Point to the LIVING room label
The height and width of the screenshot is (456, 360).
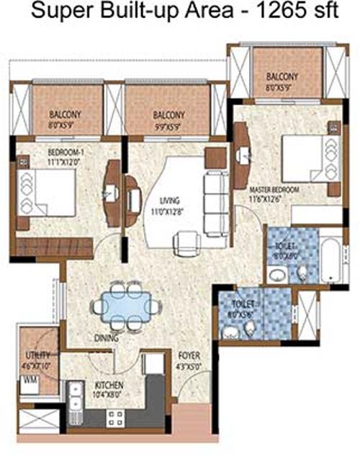pyautogui.click(x=170, y=201)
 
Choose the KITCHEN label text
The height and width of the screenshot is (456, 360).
pyautogui.click(x=101, y=386)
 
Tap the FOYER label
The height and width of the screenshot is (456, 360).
pyautogui.click(x=189, y=356)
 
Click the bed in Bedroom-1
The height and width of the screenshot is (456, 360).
pyautogui.click(x=46, y=193)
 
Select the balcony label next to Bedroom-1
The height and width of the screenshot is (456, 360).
pyautogui.click(x=64, y=114)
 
